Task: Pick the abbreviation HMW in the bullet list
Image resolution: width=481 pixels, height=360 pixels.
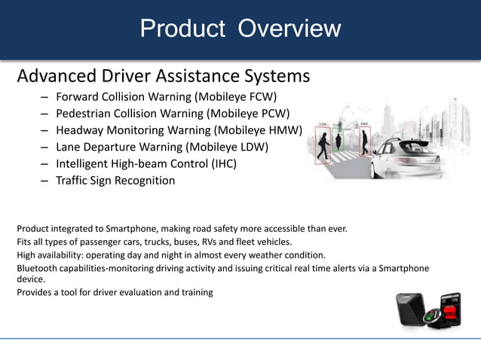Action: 285,130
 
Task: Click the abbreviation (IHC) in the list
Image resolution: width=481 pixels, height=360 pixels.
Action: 220,163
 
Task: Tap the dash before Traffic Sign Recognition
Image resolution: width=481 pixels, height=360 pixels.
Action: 45,181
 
